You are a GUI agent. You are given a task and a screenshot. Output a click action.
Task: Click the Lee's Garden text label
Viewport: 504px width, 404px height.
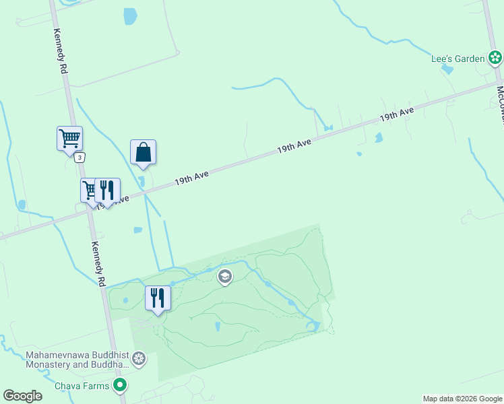click(458, 59)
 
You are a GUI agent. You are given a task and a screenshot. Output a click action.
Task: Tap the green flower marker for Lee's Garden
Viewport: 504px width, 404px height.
click(495, 58)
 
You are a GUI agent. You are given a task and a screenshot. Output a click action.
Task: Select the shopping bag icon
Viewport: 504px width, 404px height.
click(143, 151)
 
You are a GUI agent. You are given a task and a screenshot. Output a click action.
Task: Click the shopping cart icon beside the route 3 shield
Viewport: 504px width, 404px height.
click(69, 139)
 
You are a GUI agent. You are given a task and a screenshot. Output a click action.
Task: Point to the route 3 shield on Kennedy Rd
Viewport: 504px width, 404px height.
click(80, 158)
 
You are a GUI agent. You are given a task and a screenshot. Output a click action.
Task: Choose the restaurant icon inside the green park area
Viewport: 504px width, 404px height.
click(158, 298)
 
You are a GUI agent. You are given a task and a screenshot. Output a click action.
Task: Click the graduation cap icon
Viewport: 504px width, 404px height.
click(224, 277)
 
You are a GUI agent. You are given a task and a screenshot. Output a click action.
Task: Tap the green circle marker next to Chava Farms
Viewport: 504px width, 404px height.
click(120, 386)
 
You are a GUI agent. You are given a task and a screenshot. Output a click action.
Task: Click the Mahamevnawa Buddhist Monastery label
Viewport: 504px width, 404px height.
click(76, 360)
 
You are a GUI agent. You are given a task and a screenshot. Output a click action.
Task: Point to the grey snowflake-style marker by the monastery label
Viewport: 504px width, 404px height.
click(139, 359)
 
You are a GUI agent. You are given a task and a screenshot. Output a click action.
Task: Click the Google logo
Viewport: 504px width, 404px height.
click(22, 396)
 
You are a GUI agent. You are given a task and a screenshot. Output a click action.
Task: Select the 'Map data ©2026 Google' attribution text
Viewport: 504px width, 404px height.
click(462, 399)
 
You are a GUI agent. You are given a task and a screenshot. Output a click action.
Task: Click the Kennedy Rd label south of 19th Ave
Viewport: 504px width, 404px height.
click(98, 263)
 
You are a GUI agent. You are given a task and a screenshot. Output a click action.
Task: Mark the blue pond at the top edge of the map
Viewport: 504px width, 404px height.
click(130, 15)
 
